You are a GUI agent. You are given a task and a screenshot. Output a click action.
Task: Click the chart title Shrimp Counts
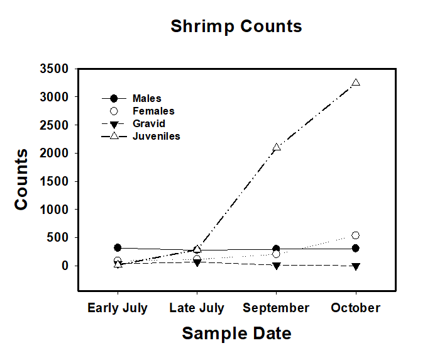pyautogui.click(x=236, y=26)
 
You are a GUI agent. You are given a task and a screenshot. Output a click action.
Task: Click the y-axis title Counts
pyautogui.click(x=21, y=179)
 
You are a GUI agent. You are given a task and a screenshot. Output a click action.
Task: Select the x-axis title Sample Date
pyautogui.click(x=236, y=333)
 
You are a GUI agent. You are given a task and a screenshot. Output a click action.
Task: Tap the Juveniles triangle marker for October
pyautogui.click(x=356, y=82)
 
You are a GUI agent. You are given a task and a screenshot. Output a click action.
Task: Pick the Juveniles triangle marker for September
pyautogui.click(x=276, y=147)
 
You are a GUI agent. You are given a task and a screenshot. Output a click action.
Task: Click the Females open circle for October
pyautogui.click(x=356, y=235)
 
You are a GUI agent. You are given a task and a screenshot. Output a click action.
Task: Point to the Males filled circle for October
pyautogui.click(x=356, y=249)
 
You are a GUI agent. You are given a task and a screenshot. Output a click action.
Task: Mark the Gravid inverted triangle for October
pyautogui.click(x=356, y=266)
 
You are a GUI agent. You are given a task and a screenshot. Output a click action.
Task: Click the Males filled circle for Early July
pyautogui.click(x=118, y=248)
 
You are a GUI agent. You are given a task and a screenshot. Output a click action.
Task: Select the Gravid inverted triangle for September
pyautogui.click(x=276, y=266)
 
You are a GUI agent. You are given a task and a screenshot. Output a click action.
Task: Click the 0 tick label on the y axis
pyautogui.click(x=65, y=266)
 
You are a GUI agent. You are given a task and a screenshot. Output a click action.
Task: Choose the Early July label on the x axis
pyautogui.click(x=118, y=308)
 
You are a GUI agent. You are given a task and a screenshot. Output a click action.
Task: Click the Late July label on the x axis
pyautogui.click(x=197, y=308)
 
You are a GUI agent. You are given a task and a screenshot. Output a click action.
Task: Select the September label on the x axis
pyautogui.click(x=276, y=308)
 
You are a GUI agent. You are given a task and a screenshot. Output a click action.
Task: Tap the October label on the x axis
pyautogui.click(x=356, y=308)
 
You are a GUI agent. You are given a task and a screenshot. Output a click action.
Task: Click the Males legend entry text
pyautogui.click(x=146, y=98)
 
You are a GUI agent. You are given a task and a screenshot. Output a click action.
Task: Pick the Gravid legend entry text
pyautogui.click(x=148, y=123)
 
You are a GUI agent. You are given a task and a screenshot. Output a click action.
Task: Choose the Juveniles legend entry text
pyautogui.click(x=156, y=136)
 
